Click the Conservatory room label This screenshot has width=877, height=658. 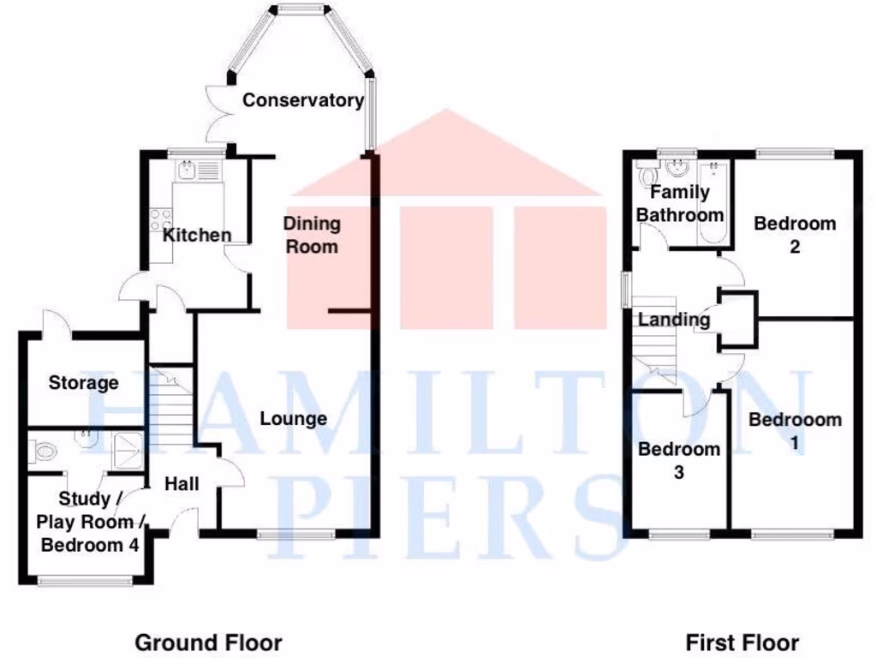coord(302,100)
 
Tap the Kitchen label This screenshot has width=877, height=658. coord(197,235)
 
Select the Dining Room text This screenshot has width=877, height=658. coord(312,235)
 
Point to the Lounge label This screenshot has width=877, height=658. coord(294,419)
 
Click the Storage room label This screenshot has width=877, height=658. coord(83,382)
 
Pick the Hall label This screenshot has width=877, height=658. coord(182,484)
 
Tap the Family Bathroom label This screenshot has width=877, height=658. coord(680,204)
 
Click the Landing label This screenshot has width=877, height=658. coord(674,320)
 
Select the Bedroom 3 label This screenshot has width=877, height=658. coord(679,460)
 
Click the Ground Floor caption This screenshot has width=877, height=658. coord(208,642)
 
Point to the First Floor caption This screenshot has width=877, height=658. coord(743,642)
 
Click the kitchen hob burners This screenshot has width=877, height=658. coord(158,219)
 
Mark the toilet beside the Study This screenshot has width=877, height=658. coord(43,450)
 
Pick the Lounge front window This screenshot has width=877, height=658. coord(296,535)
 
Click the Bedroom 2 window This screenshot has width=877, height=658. coord(795,153)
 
